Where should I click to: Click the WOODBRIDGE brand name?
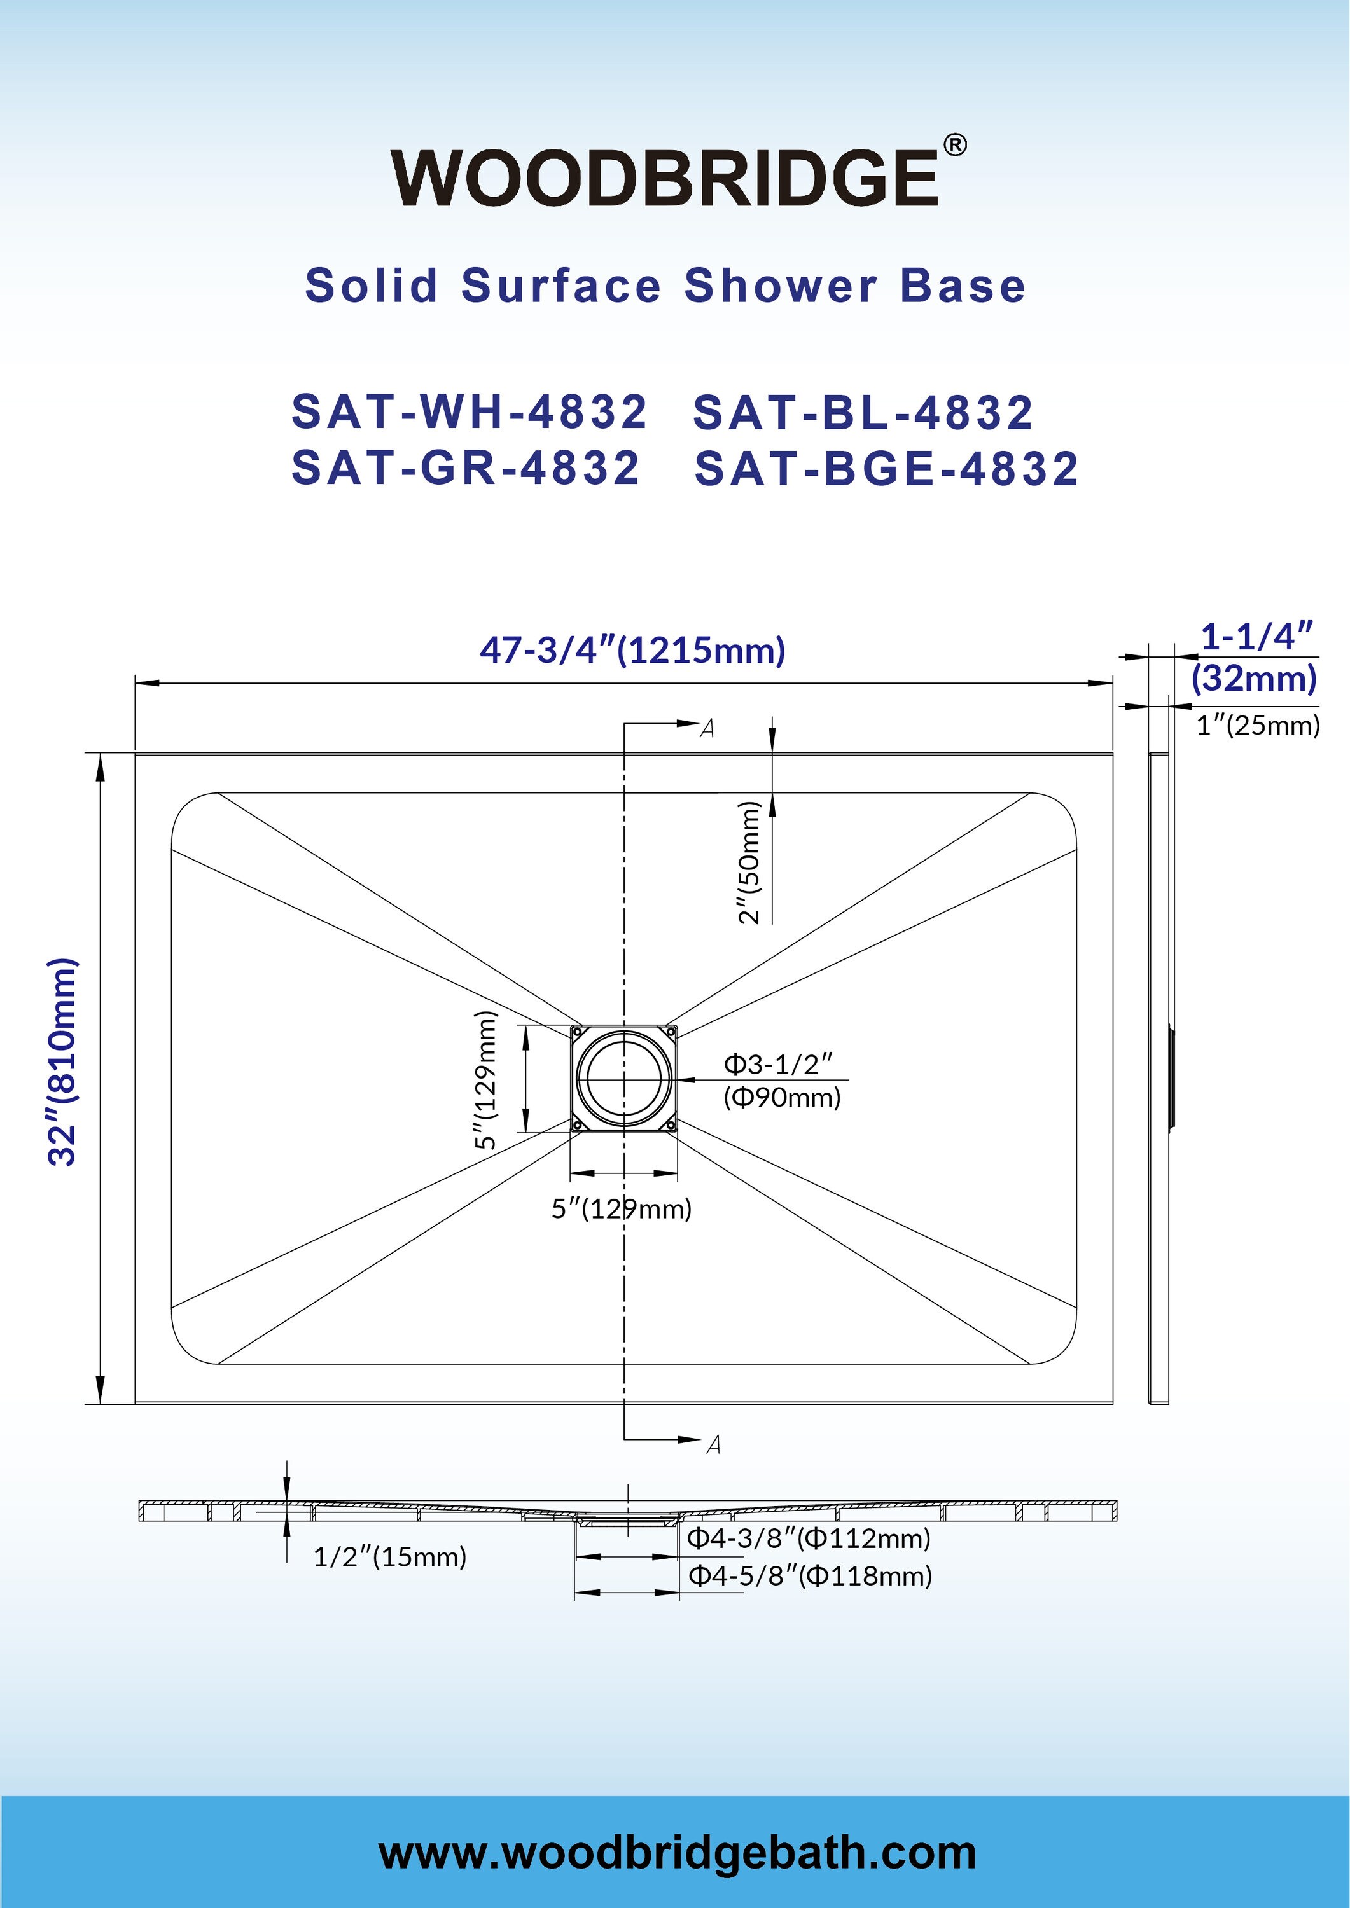pyautogui.click(x=665, y=178)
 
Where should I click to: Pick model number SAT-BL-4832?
pyautogui.click(x=863, y=412)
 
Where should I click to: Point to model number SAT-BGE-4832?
pyautogui.click(x=886, y=468)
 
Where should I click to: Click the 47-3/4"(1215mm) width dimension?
pyautogui.click(x=632, y=650)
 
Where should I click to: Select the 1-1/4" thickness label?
pyautogui.click(x=1257, y=637)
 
